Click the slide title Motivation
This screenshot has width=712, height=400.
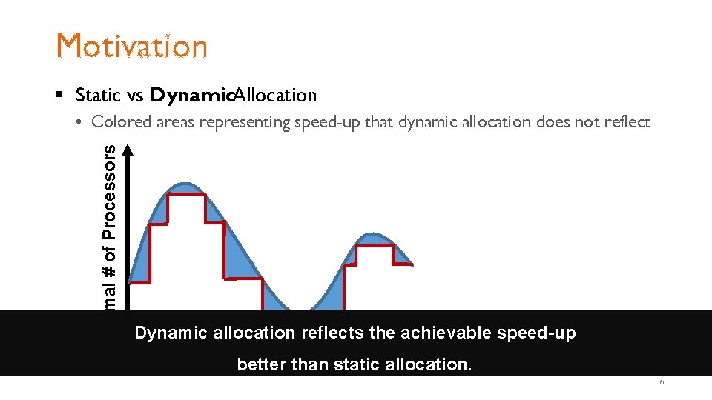point(132,46)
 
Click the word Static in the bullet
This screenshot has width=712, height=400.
point(98,96)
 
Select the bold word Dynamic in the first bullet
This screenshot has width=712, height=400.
point(192,96)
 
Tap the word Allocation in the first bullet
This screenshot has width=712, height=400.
point(276,96)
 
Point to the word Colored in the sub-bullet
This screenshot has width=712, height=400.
point(121,122)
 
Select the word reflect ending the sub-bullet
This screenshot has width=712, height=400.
point(625,122)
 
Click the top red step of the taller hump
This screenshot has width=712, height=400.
point(186,195)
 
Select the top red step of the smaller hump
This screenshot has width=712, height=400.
point(375,245)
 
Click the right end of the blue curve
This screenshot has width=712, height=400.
point(411,263)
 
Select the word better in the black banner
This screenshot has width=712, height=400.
point(257,364)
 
